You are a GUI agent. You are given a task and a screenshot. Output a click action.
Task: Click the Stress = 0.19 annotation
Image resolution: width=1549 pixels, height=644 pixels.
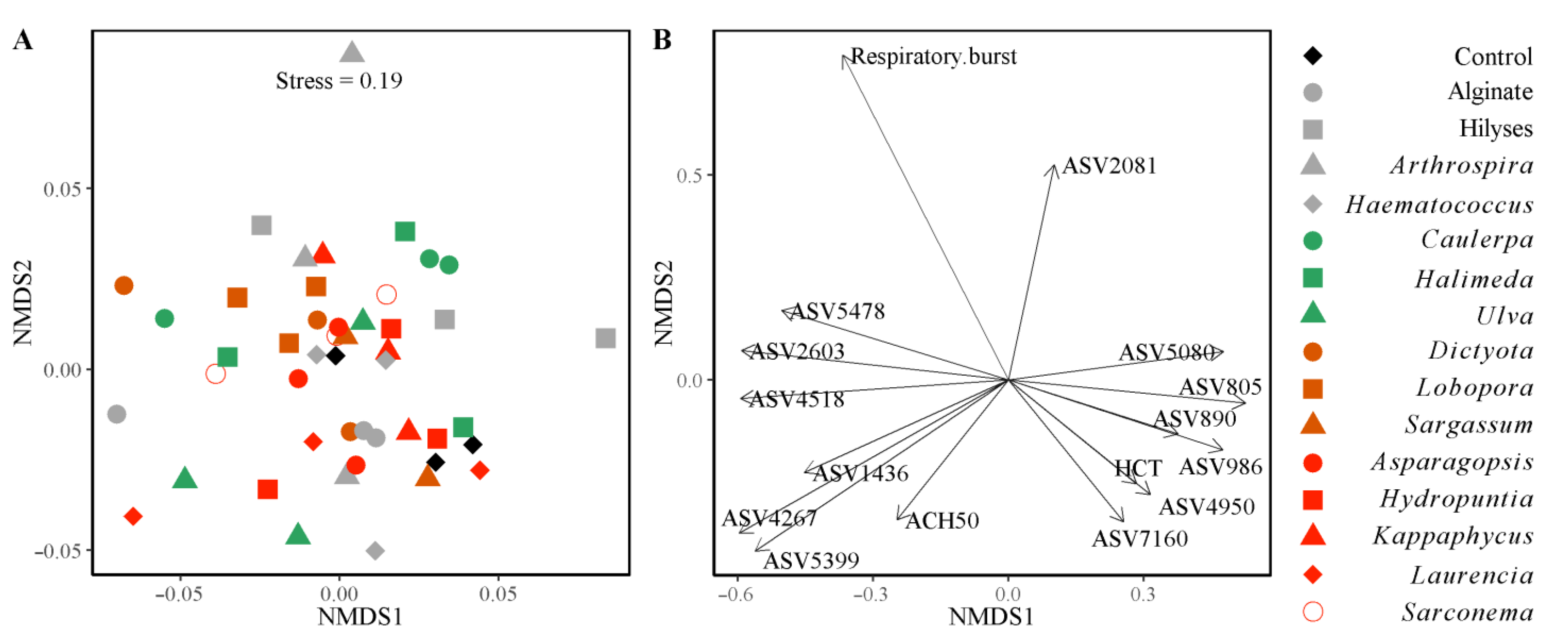(339, 81)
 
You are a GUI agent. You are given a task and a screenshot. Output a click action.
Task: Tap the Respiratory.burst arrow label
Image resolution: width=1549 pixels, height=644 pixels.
(933, 57)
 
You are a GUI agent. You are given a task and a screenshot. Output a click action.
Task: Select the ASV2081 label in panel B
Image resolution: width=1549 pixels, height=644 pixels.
(1109, 166)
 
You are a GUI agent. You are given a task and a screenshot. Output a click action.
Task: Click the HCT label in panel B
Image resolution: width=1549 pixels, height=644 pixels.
(1138, 468)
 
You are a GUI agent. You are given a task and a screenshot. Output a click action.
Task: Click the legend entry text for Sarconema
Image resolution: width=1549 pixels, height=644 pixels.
(1467, 613)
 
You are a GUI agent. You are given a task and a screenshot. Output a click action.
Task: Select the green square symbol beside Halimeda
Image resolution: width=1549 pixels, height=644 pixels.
(1313, 278)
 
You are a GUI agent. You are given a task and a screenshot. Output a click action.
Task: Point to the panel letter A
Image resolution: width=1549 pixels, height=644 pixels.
(23, 40)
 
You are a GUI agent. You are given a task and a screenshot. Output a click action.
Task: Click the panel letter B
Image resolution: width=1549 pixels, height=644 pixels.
(662, 40)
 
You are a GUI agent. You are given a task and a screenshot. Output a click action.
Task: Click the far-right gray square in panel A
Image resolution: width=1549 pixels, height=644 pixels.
(606, 338)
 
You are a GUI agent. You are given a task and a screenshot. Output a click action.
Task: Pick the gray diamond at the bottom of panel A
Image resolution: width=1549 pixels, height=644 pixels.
(375, 550)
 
